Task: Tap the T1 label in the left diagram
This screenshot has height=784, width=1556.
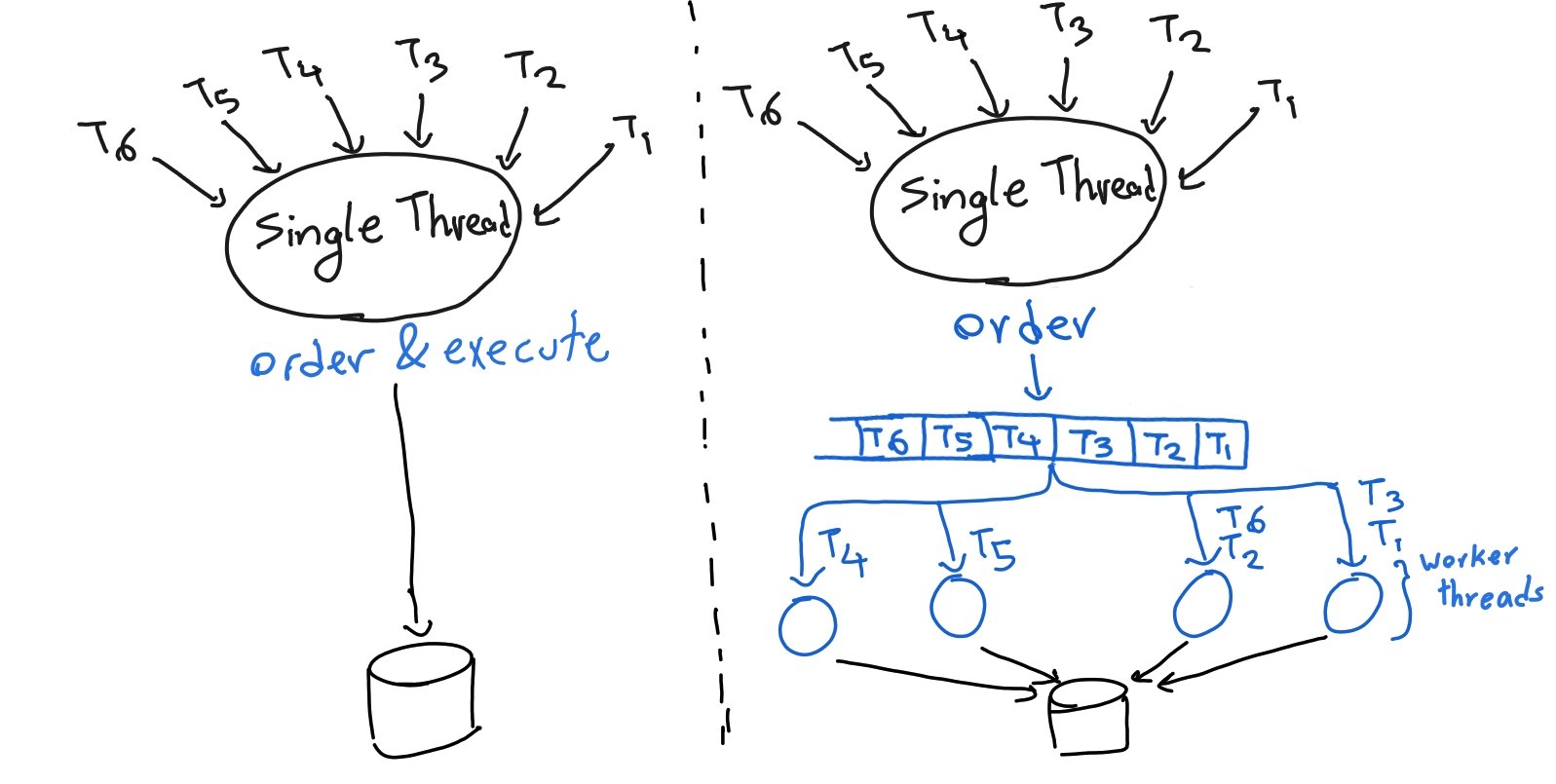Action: (x=633, y=134)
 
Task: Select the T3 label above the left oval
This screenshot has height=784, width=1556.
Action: (x=421, y=59)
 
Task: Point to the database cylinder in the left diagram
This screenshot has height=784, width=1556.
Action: (x=422, y=700)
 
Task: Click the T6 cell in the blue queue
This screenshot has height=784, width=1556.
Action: (x=890, y=439)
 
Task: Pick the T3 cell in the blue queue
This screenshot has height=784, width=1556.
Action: (x=1092, y=442)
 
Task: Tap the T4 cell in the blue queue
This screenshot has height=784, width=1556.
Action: (x=1020, y=439)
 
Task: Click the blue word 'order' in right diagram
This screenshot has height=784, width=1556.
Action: (x=1024, y=325)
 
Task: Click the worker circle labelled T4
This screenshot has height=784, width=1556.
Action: (x=807, y=625)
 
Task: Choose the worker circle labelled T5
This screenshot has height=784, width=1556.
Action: (x=957, y=606)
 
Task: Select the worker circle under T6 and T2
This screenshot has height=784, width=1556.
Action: (x=1202, y=604)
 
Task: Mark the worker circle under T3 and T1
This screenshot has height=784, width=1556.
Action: (x=1352, y=603)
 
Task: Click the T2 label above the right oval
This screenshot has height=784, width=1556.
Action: (x=1179, y=34)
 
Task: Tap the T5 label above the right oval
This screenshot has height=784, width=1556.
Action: (x=855, y=59)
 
